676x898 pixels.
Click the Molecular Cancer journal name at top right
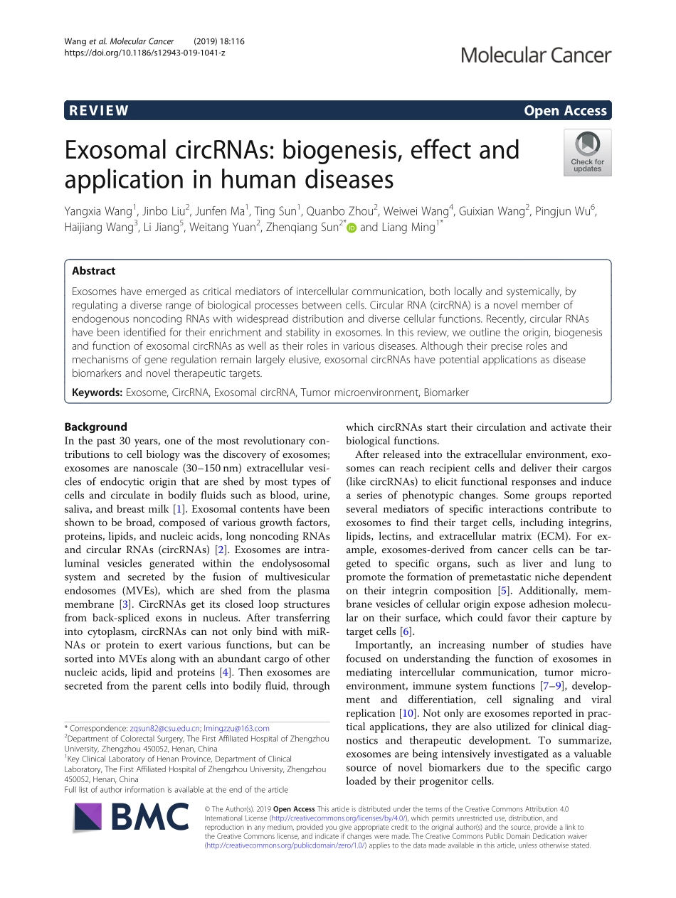click(535, 55)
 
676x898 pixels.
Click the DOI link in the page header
click(144, 53)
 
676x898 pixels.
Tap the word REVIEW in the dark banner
click(98, 110)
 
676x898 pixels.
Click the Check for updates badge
click(587, 152)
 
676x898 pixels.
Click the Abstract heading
click(93, 271)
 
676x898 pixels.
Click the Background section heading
click(95, 427)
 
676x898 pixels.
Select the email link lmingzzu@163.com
click(237, 728)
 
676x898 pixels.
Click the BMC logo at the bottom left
click(131, 818)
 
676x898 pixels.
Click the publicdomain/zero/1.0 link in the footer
click(285, 845)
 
